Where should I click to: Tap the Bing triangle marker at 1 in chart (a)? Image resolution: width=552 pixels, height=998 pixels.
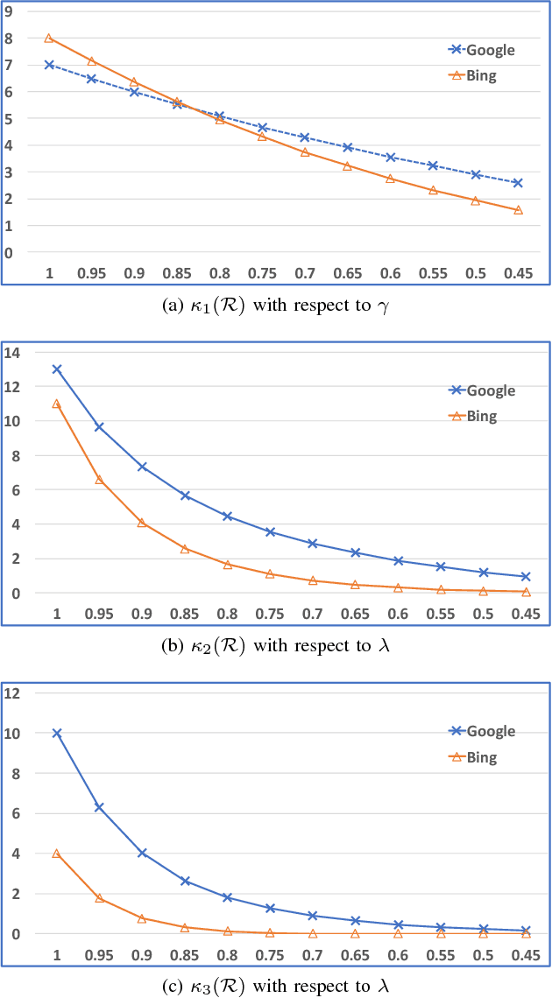(49, 38)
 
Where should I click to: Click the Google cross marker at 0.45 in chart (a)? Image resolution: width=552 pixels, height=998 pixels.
(518, 183)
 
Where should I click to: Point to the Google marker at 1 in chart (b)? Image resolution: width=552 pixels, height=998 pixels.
(57, 369)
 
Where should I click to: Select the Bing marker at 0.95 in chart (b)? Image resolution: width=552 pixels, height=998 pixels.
(99, 480)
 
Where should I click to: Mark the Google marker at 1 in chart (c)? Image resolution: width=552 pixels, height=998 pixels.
(57, 733)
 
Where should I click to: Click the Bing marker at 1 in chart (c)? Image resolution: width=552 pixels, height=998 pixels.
(57, 854)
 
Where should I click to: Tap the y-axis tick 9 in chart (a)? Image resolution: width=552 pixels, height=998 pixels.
(10, 11)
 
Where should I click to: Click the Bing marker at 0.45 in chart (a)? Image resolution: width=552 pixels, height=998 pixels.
(518, 210)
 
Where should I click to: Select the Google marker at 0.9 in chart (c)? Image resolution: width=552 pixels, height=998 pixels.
(142, 853)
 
